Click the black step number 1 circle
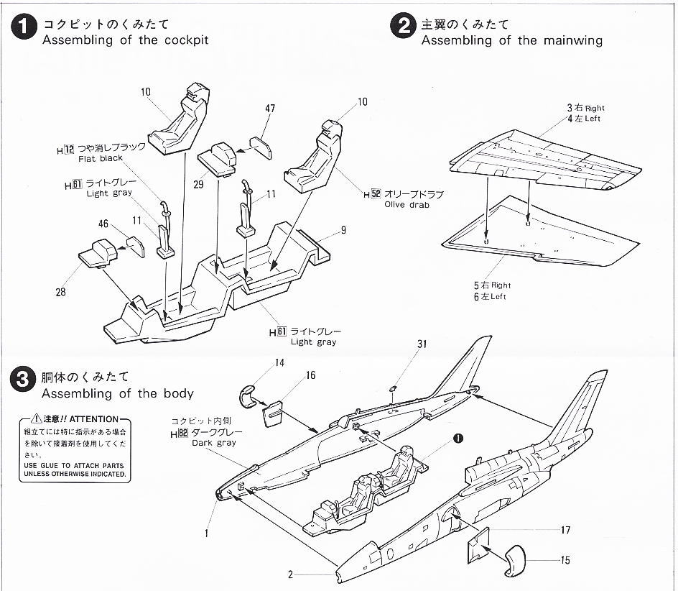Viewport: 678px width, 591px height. coord(24,27)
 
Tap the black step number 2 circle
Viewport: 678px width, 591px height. coord(403,26)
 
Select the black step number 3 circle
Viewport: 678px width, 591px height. coord(22,380)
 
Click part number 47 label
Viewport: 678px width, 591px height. coord(270,109)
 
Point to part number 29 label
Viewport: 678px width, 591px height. coord(198,185)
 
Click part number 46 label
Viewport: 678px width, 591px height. coord(103,224)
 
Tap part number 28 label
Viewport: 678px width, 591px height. coord(60,292)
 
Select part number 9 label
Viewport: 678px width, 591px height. coord(343,230)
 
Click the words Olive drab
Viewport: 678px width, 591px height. coord(407,205)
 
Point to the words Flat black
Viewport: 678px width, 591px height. coord(101,158)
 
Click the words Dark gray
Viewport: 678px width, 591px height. coord(214,443)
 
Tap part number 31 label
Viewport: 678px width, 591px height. coord(422,344)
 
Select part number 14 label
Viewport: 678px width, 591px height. coord(280,363)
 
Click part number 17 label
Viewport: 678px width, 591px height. coord(565,530)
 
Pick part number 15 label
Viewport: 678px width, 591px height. coord(565,560)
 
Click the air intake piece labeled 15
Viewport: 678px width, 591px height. coord(515,561)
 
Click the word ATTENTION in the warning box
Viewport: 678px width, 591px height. coord(94,419)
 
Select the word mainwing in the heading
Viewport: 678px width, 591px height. coord(573,40)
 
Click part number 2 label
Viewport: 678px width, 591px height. coord(291,574)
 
